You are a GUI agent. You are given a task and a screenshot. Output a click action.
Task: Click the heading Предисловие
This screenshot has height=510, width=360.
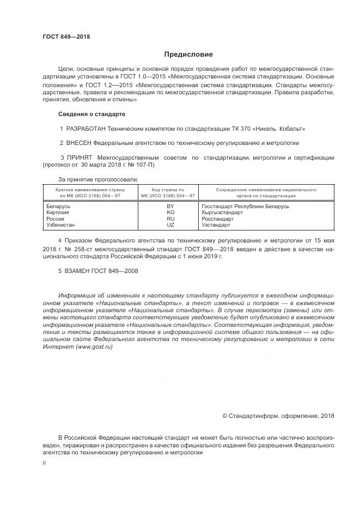pyautogui.click(x=188, y=54)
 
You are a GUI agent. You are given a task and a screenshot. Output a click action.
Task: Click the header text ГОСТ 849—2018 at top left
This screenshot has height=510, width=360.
pyautogui.click(x=66, y=37)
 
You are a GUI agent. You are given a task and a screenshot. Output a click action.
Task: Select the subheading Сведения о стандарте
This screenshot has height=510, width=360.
pyautogui.click(x=91, y=114)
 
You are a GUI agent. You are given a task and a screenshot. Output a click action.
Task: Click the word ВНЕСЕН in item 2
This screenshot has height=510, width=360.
pyautogui.click(x=78, y=143)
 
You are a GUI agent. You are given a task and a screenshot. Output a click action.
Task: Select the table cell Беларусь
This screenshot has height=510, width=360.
pyautogui.click(x=59, y=207)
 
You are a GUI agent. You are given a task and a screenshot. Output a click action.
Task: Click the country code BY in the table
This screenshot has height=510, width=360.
pyautogui.click(x=170, y=207)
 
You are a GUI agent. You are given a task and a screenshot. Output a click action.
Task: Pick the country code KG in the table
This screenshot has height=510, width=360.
pyautogui.click(x=170, y=212)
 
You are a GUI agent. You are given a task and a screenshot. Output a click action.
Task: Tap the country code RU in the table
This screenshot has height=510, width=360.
pyautogui.click(x=170, y=218)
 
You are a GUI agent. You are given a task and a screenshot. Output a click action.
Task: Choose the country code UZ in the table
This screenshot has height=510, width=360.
pyautogui.click(x=170, y=224)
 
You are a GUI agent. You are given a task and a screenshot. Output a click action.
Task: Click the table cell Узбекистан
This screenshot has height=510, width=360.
pyautogui.click(x=62, y=224)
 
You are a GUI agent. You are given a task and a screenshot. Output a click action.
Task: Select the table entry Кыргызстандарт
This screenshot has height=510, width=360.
pyautogui.click(x=222, y=212)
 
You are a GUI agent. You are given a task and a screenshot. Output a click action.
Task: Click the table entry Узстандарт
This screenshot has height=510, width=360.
pyautogui.click(x=216, y=224)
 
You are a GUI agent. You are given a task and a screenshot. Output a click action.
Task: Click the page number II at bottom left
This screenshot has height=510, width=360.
pyautogui.click(x=45, y=463)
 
